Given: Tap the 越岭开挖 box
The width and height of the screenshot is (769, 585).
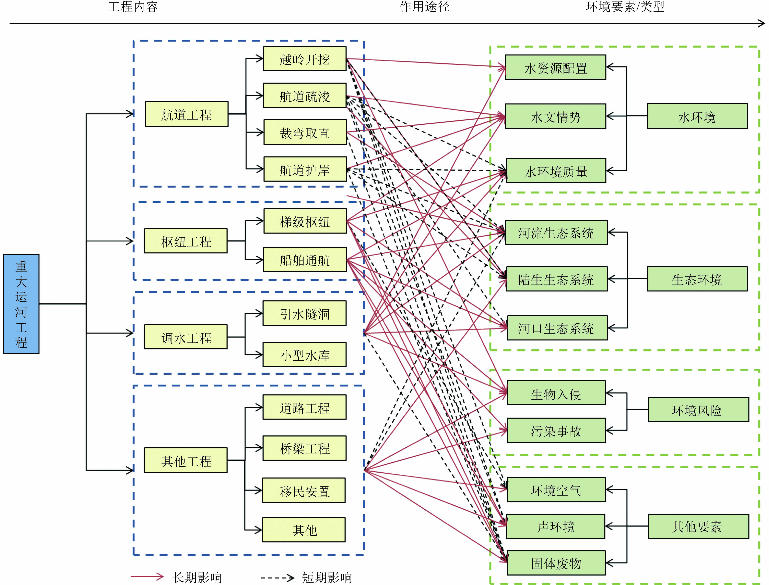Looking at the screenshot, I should [x=305, y=59].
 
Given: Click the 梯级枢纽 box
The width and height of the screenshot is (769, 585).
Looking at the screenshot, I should [x=305, y=221].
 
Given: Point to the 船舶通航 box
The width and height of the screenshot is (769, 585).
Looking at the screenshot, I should [x=305, y=260].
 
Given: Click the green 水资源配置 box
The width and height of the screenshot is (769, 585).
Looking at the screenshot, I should [x=555, y=67].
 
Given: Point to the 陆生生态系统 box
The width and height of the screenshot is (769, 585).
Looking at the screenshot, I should [x=556, y=279].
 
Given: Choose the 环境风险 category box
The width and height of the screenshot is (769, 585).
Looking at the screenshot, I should [x=698, y=410].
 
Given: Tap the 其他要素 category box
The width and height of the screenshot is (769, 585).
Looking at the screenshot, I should [x=698, y=526].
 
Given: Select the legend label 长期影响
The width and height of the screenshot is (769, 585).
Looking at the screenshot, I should [x=197, y=577].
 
